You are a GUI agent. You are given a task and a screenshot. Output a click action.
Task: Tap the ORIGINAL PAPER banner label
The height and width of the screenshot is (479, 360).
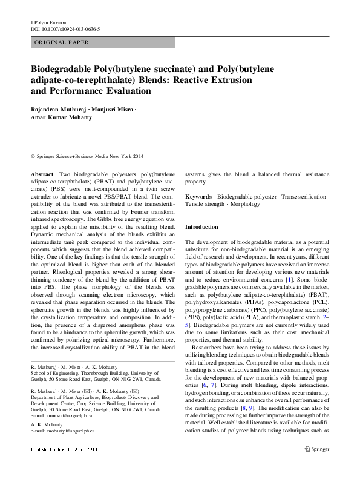(61, 42)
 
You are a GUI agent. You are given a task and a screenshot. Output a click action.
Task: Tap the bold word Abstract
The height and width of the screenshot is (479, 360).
(42, 174)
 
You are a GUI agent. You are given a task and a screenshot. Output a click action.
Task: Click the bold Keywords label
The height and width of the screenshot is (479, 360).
(198, 197)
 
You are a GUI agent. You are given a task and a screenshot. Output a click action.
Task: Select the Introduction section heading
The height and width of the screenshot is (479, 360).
(201, 226)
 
